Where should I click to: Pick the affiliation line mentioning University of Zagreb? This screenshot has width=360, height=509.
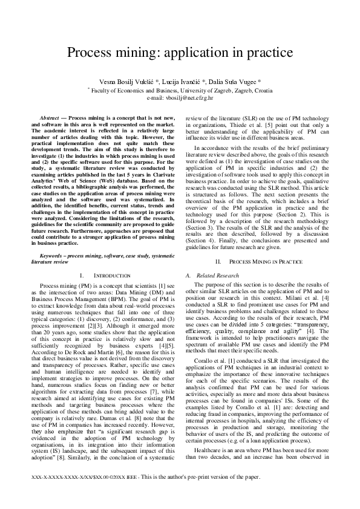pos(180,89)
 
